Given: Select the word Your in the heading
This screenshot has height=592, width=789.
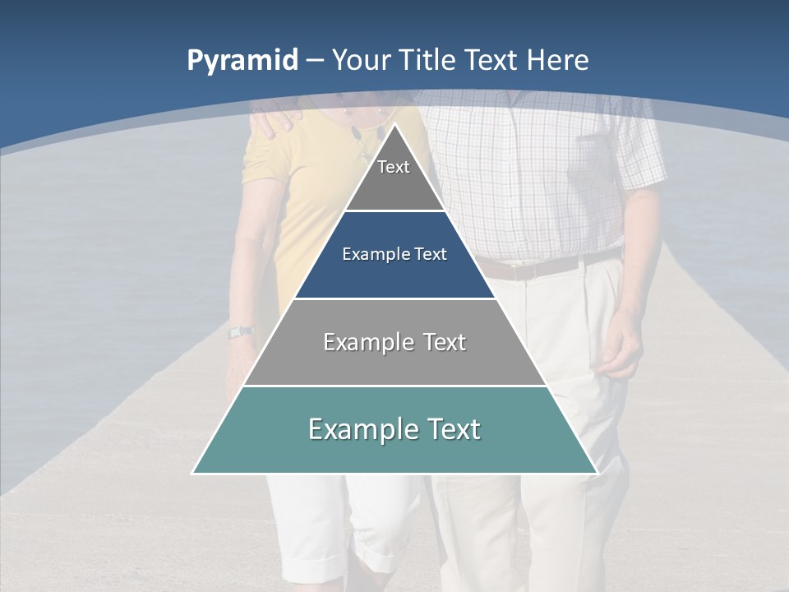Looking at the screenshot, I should [362, 60].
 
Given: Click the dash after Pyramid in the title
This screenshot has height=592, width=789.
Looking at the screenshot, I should [314, 61].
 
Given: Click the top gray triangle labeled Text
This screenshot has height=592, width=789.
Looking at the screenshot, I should [394, 177].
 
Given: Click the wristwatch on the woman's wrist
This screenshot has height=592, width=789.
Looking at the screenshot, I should [240, 332].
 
